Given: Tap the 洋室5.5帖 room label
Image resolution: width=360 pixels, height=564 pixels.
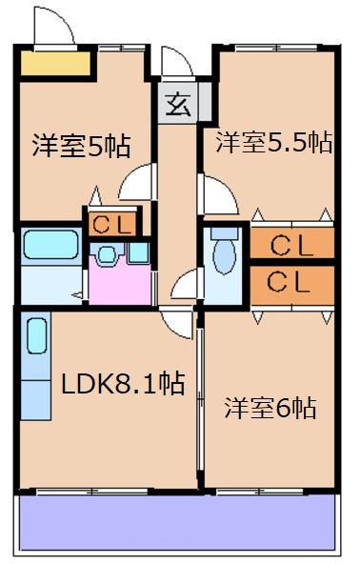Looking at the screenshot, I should [273, 143].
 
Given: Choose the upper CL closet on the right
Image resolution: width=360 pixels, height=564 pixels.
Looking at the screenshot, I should [292, 245].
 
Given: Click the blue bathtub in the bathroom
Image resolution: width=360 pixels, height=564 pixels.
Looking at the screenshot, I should [53, 246].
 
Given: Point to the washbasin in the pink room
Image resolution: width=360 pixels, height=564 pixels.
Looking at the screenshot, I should [107, 254].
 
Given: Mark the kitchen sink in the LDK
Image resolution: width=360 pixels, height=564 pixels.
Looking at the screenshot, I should [37, 338].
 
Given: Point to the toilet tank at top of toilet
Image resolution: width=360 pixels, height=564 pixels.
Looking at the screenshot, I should [225, 232].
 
